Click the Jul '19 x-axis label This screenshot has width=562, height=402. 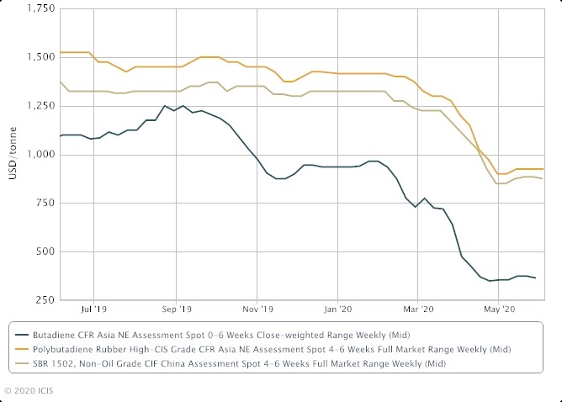pyautogui.click(x=94, y=310)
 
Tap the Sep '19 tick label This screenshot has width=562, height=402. pyautogui.click(x=176, y=310)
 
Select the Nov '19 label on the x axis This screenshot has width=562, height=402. pyautogui.click(x=257, y=310)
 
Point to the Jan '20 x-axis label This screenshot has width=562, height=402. pyautogui.click(x=337, y=310)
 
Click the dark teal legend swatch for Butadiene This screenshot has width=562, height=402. pyautogui.click(x=18, y=334)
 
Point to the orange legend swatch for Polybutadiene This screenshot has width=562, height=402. pyautogui.click(x=18, y=348)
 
